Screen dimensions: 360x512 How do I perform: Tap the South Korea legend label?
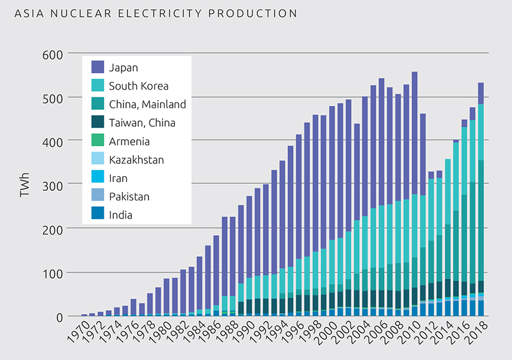coord(138,85)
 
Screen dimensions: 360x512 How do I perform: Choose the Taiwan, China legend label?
coord(141,122)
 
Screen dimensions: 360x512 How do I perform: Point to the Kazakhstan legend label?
coord(136,160)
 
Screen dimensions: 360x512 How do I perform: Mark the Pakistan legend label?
coord(130,196)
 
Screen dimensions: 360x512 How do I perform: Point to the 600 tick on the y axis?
coord(54,54)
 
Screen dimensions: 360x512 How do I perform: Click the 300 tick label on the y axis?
coord(54,186)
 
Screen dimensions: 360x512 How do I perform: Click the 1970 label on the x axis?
coord(77,333)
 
